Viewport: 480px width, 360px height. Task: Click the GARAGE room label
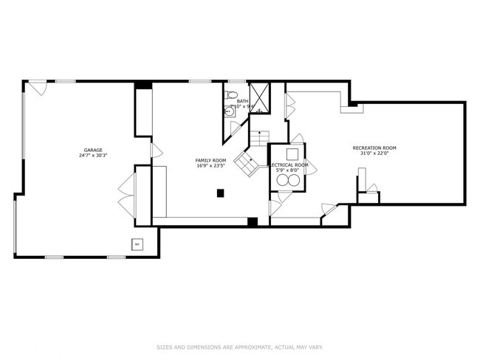pyautogui.click(x=92, y=150)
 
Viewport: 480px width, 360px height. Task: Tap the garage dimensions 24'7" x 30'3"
pyautogui.click(x=93, y=156)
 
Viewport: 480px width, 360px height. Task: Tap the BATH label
pyautogui.click(x=242, y=101)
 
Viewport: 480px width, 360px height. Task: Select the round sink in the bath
pyautogui.click(x=229, y=112)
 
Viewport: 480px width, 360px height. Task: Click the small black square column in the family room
pyautogui.click(x=220, y=193)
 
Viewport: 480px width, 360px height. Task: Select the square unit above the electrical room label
pyautogui.click(x=292, y=153)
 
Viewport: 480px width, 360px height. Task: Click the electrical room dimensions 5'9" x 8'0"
pyautogui.click(x=287, y=170)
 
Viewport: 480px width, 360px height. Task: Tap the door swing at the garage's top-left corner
pyautogui.click(x=38, y=87)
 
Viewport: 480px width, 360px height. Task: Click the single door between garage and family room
pyautogui.click(x=156, y=150)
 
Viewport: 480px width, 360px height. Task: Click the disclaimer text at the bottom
pyautogui.click(x=239, y=347)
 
